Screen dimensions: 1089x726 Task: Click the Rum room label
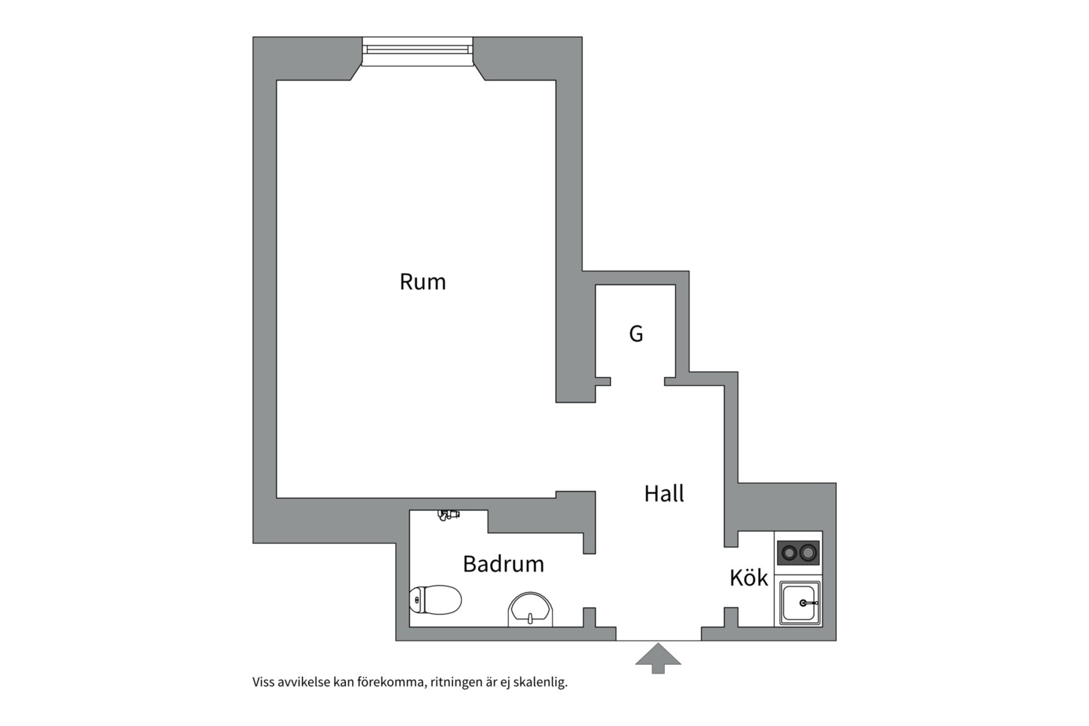(423, 282)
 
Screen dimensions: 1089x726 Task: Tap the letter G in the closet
(636, 333)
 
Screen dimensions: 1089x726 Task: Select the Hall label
(664, 493)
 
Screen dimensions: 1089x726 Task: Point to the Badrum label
(503, 563)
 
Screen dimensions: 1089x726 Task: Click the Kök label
(749, 577)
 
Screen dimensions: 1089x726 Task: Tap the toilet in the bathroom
(436, 599)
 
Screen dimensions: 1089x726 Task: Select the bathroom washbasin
(530, 610)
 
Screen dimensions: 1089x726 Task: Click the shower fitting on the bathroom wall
(448, 515)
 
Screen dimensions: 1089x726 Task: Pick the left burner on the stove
(789, 553)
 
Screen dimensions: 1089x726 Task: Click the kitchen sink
(800, 603)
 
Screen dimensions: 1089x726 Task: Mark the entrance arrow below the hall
(658, 658)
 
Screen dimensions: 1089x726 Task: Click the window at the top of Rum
(417, 51)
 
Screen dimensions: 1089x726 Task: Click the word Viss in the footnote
(263, 682)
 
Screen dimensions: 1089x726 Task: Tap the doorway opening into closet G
(637, 382)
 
